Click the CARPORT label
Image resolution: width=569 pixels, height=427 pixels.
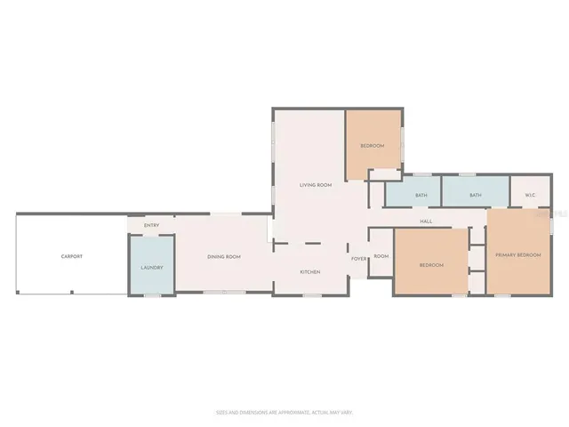[x=71, y=256]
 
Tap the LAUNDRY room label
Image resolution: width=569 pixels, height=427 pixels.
[x=151, y=267]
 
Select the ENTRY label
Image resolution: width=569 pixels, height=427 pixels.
[x=151, y=225]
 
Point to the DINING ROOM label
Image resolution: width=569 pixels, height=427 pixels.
[x=224, y=257]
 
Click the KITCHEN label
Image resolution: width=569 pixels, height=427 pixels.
[x=309, y=271]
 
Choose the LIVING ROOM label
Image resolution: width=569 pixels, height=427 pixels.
[x=316, y=185]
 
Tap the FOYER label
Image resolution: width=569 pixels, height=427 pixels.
[x=358, y=259]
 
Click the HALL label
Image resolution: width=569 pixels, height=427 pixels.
[x=426, y=222]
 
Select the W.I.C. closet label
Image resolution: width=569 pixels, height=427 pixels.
[x=530, y=196]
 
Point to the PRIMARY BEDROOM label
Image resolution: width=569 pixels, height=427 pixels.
[x=518, y=256]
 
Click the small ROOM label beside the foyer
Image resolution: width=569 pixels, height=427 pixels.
[x=381, y=256]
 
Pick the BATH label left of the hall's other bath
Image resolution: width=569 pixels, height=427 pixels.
[x=421, y=196]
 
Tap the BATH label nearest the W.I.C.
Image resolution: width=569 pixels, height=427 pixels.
[x=476, y=196]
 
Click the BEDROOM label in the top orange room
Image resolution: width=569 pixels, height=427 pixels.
[x=372, y=146]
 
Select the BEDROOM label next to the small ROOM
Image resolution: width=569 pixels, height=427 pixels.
[x=430, y=265]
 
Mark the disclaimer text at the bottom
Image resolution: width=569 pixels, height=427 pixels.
[x=284, y=412]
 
